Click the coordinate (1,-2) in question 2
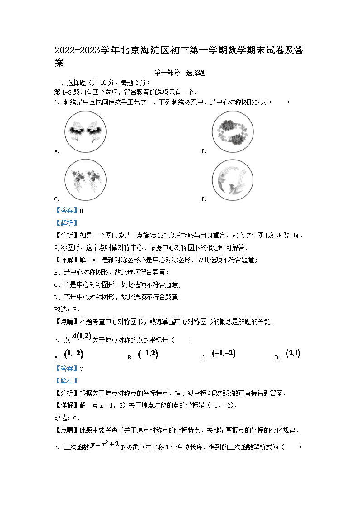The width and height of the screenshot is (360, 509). coord(73,354)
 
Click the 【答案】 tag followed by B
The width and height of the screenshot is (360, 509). coord(66,211)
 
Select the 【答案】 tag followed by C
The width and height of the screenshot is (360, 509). coord(66,368)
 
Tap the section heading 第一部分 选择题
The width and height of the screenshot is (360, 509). coord(180,73)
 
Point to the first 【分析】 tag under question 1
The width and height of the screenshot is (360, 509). coord(66,235)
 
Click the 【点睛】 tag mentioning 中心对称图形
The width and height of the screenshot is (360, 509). coord(66,322)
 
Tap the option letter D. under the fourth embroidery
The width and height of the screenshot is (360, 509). coord(204,199)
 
